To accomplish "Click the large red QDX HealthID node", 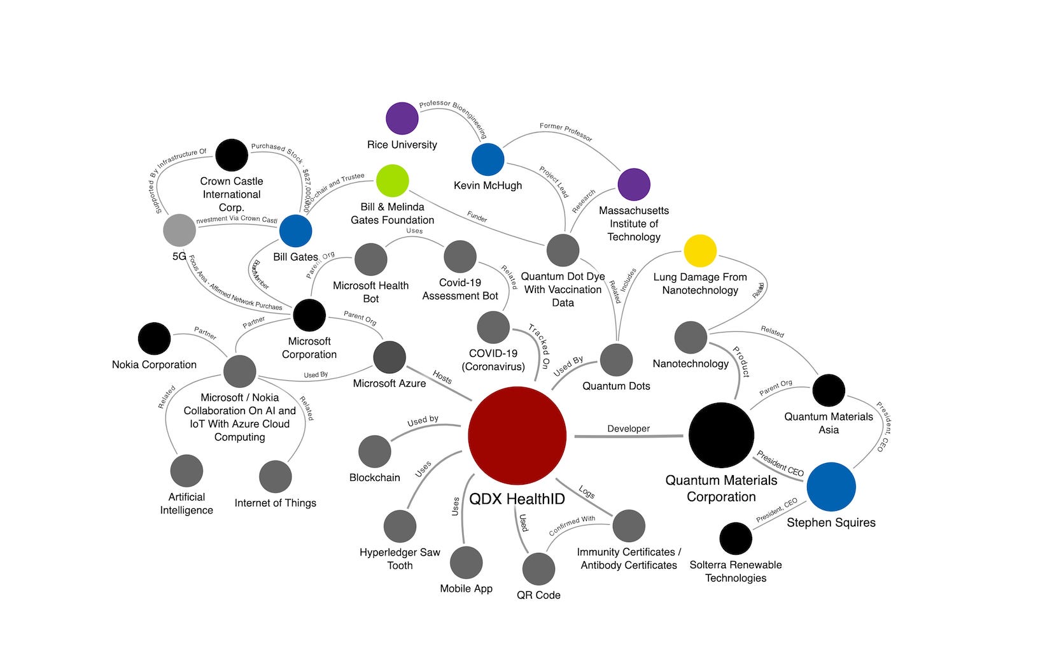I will [x=517, y=435].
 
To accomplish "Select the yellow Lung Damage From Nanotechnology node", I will [x=700, y=251].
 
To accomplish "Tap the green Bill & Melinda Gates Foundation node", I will [x=392, y=181].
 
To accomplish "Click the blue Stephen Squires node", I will [x=831, y=487].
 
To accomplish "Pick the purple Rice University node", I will [x=402, y=118].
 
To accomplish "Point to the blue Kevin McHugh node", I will [x=487, y=159].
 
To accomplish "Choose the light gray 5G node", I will [x=179, y=230].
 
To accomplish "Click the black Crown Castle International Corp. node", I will [x=232, y=155].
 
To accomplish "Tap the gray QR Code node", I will [x=538, y=568].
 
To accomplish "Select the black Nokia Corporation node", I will [x=154, y=338].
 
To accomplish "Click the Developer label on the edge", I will [x=629, y=429].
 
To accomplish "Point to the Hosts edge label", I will [x=442, y=378].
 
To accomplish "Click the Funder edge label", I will [x=477, y=217].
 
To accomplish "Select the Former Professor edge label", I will [x=566, y=132].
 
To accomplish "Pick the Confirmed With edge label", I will [x=572, y=524].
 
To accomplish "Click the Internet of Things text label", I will [x=275, y=503].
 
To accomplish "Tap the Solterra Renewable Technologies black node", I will [x=736, y=538].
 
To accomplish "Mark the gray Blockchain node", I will [x=375, y=452].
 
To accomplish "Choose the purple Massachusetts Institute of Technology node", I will [x=634, y=184].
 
